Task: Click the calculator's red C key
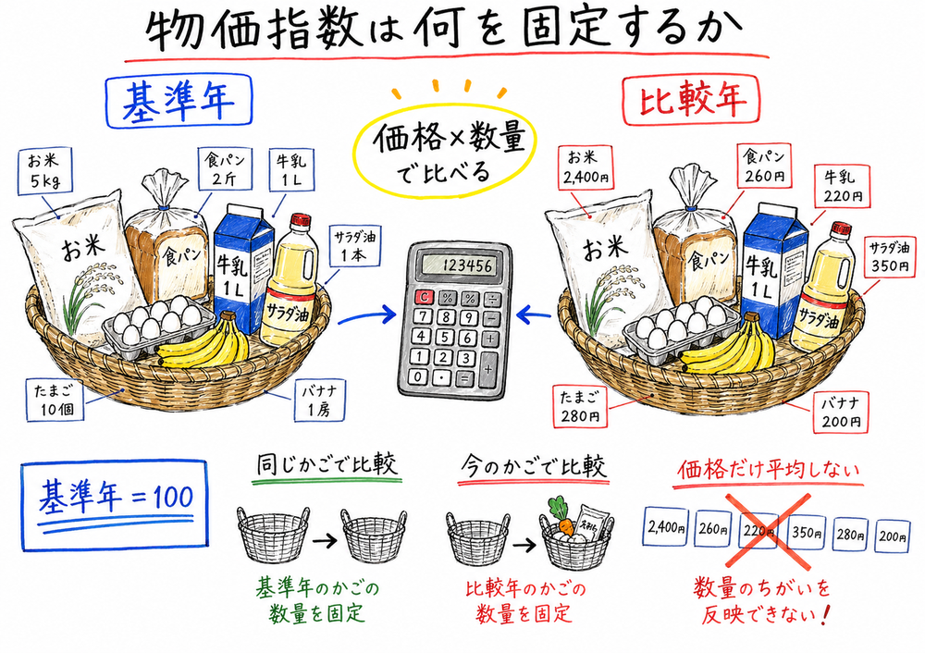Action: click(x=424, y=298)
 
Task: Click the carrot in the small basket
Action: click(x=558, y=526)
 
